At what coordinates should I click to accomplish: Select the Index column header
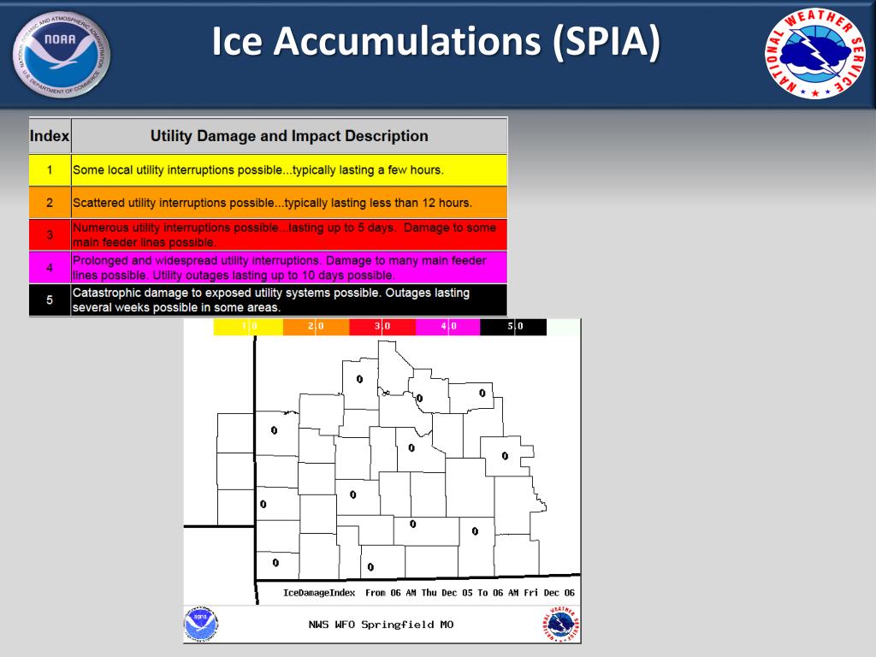50,135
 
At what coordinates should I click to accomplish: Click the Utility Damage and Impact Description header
289,135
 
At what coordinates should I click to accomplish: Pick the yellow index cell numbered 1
50,170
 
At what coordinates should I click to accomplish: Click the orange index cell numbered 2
50,204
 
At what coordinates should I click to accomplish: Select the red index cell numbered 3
50,234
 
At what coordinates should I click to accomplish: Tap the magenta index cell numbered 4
50,268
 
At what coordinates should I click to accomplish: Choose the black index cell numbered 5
50,300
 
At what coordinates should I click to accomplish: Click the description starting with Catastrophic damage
271,299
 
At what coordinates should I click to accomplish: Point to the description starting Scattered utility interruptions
272,204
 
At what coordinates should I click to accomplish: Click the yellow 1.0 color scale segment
247,326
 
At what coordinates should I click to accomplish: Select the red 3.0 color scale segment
382,326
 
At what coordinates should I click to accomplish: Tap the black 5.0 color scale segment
513,326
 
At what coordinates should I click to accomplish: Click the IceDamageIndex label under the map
319,592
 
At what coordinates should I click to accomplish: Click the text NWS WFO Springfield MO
381,624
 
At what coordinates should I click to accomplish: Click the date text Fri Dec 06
549,592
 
